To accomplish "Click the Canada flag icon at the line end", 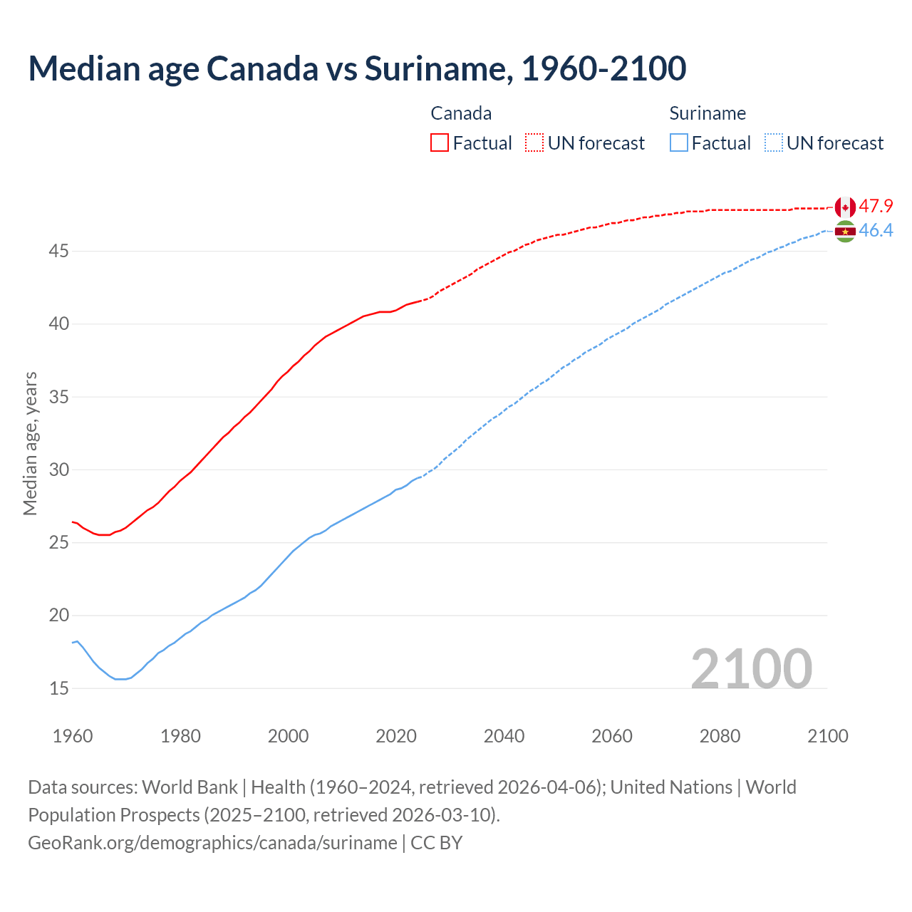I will (x=845, y=207).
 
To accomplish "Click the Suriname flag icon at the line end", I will (x=845, y=231).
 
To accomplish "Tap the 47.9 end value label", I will (x=876, y=207).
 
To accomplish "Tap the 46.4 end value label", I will (x=876, y=230).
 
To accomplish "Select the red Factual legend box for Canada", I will (x=440, y=142).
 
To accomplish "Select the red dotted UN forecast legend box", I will (x=534, y=142).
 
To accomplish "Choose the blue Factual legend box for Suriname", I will (x=679, y=142).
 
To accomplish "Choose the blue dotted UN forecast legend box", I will (x=773, y=142).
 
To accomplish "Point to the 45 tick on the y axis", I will (x=58, y=252).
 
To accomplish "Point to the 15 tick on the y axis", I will (x=58, y=688).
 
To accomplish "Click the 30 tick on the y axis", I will (x=58, y=470).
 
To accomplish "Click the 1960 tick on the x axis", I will (x=73, y=736).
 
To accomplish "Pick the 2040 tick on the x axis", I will (x=504, y=736).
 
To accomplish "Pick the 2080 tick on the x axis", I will (x=720, y=736).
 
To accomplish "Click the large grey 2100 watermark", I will (x=751, y=668).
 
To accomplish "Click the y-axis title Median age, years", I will (x=30, y=443).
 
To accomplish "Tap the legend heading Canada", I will (x=461, y=113).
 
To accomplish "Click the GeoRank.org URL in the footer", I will (x=212, y=843).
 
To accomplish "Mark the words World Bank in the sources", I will (x=190, y=787).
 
